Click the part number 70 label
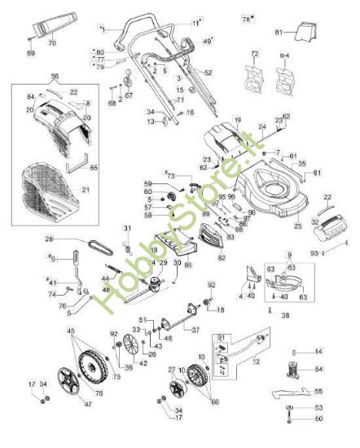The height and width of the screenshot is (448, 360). tap(52, 42)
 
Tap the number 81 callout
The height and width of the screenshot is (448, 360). tap(278, 32)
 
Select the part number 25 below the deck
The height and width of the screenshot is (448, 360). tap(297, 225)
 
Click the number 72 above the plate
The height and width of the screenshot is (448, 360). tap(255, 54)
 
